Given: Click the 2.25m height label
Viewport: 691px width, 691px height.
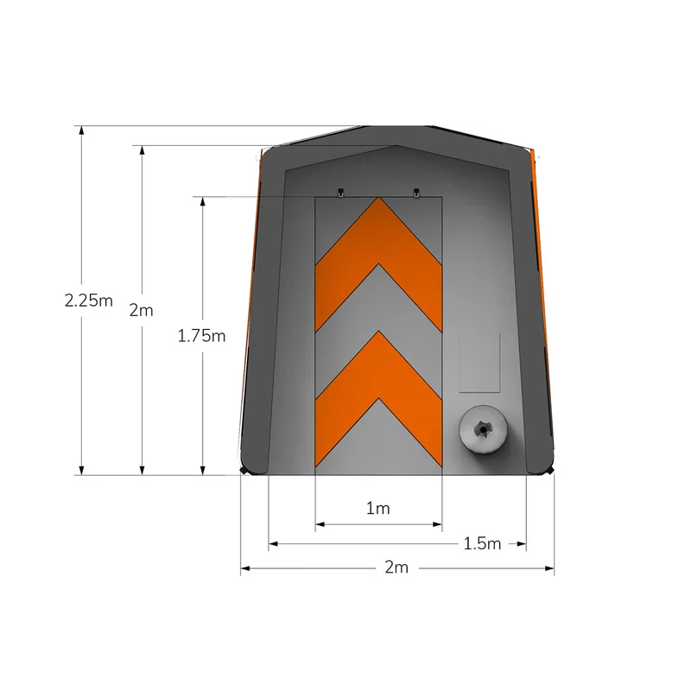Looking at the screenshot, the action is [89, 301].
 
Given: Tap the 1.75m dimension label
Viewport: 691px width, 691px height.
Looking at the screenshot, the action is [201, 336].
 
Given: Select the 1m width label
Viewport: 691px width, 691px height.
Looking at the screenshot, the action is [378, 509].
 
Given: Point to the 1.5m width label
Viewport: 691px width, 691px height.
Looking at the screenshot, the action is [483, 544].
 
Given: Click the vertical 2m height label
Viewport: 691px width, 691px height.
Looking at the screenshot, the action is [141, 310].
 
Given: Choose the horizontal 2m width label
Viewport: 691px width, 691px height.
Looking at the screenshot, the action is [396, 567].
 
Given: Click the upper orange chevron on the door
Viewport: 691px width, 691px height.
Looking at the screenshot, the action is [378, 264].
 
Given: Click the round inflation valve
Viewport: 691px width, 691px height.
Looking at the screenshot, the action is [483, 428].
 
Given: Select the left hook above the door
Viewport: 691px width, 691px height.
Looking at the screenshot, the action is [340, 192].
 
